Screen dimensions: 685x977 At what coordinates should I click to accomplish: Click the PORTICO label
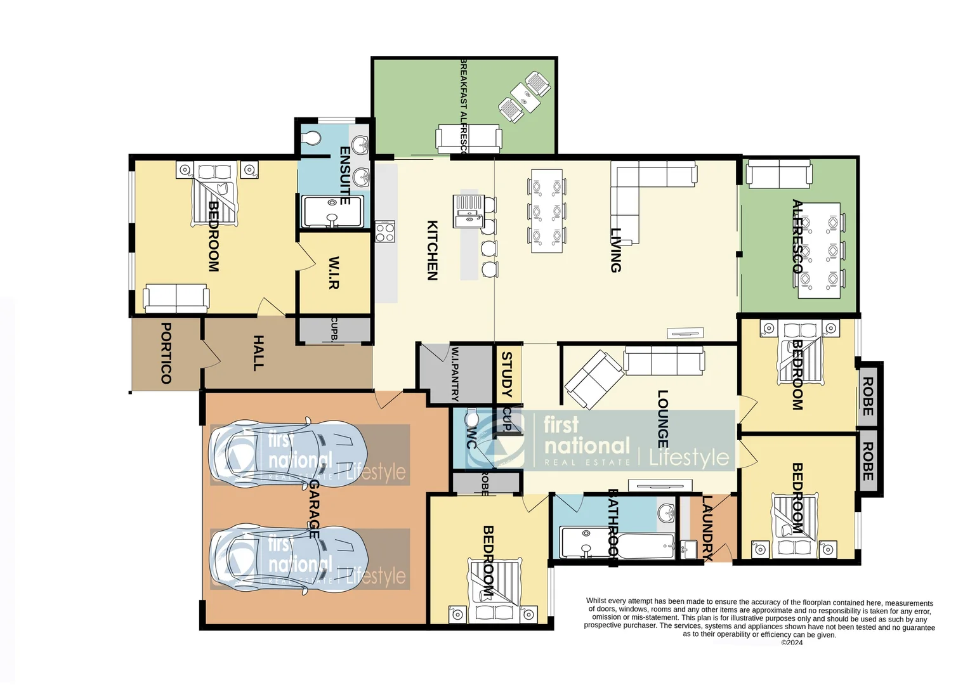[166, 353]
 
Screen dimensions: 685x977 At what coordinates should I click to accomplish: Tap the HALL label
[258, 353]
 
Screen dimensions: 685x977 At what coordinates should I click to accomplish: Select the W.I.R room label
[334, 273]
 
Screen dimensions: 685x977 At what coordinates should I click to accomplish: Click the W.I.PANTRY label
[455, 373]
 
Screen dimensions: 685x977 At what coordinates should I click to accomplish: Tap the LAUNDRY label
[708, 528]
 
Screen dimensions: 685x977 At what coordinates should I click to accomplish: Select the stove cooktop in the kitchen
[385, 232]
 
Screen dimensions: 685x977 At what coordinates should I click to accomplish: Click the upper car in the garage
[289, 455]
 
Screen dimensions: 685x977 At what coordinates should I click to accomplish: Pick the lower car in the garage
[289, 559]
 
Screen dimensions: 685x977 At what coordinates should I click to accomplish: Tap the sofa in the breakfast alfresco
[468, 138]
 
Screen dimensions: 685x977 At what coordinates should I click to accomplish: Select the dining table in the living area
[546, 211]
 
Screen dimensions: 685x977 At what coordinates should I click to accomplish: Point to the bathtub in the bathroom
[646, 545]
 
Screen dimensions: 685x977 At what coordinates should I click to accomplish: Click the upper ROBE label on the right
[867, 396]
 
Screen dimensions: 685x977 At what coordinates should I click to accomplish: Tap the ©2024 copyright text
[792, 643]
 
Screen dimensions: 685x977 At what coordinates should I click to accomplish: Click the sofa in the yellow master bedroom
[176, 297]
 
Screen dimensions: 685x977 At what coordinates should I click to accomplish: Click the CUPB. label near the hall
[334, 330]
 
